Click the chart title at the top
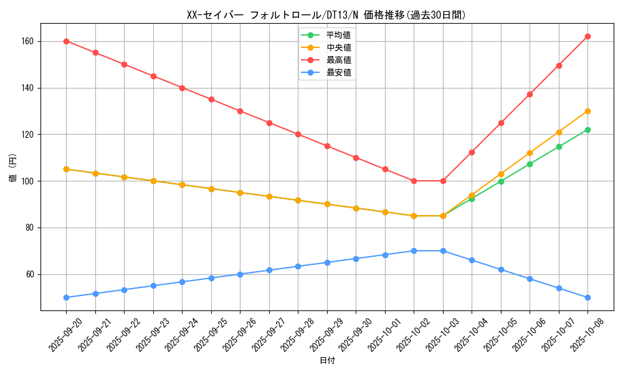326,15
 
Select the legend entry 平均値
338,35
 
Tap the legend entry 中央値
338,47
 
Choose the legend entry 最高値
338,60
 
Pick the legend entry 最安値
338,72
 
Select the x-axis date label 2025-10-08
587,335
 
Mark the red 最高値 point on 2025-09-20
66,41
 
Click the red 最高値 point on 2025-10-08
587,36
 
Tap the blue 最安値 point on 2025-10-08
587,297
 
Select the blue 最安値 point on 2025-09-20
66,297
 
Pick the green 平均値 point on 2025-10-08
587,130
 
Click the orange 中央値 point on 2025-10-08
587,111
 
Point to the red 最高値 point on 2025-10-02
414,181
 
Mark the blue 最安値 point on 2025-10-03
443,251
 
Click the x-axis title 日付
327,361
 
